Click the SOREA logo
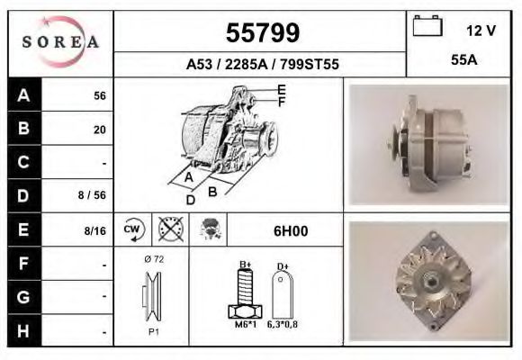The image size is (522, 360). tap(60, 43)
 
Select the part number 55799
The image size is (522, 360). tap(261, 32)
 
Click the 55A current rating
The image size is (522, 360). tap(463, 61)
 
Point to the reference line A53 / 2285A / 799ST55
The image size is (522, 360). tap(261, 65)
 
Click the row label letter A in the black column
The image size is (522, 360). tap(24, 95)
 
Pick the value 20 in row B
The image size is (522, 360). tap(100, 130)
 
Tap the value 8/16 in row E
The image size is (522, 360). tap(94, 230)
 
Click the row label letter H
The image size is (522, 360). tap(24, 330)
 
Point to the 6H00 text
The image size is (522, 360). tap(291, 230)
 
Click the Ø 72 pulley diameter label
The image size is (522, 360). tap(153, 259)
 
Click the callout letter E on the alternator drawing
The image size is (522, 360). tap(282, 89)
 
